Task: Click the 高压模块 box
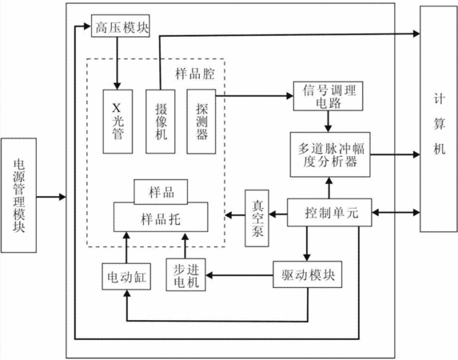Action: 121,26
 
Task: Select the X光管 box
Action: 117,122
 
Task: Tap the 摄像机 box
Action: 161,122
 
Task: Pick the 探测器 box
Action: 201,122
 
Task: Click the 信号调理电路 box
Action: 328,96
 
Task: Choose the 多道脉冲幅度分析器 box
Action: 330,154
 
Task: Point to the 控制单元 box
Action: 329,213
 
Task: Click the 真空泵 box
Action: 257,218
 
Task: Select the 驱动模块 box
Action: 308,274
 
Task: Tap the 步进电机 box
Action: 185,274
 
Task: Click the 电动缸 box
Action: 126,277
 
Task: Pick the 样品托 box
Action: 161,217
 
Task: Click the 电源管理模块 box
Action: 18,195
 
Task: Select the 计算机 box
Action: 439,119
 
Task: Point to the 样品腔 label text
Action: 195,74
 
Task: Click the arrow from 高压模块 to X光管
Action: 117,63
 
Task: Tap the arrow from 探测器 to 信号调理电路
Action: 255,96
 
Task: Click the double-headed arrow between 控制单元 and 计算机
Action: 396,213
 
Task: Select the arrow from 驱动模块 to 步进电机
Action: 240,275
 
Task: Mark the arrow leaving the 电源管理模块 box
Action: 51,197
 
